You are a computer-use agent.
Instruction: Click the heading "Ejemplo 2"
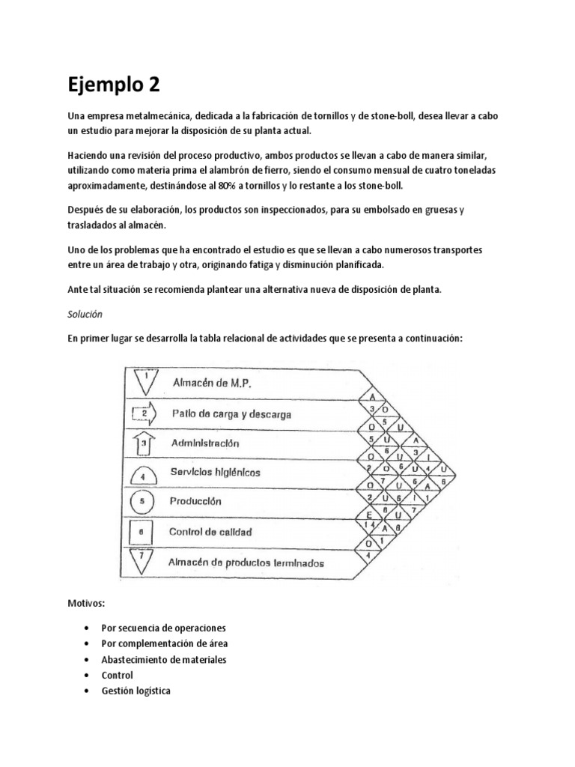click(114, 84)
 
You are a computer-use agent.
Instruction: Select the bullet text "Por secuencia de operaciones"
click(163, 628)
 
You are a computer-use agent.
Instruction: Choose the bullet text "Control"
click(117, 675)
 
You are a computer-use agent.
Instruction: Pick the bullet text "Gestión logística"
click(136, 691)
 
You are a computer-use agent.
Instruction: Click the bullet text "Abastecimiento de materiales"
click(163, 659)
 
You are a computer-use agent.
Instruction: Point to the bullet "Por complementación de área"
click(164, 643)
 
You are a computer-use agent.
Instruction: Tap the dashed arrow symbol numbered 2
click(144, 413)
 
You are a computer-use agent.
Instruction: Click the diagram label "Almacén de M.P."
click(212, 383)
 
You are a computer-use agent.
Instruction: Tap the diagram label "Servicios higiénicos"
click(216, 473)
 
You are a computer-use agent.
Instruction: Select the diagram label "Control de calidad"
click(210, 532)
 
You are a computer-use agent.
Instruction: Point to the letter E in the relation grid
click(368, 515)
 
